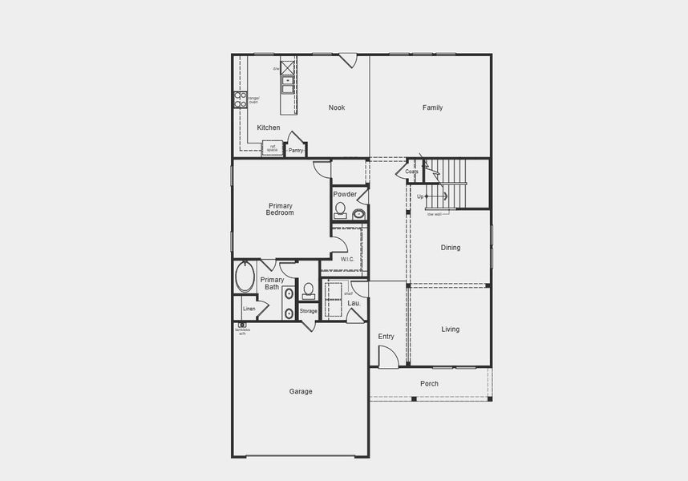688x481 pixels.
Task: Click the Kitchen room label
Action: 269,127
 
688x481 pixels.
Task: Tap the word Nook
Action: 337,107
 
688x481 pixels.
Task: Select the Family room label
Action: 433,107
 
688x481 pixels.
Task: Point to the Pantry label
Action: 296,150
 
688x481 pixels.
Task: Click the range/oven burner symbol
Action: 239,99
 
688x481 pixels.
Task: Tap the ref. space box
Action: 272,148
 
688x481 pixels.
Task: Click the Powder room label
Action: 345,194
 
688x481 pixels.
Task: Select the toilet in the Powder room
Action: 340,210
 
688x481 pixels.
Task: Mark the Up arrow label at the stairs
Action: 420,196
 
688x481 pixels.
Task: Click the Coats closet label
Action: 411,172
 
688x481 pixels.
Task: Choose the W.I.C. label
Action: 347,259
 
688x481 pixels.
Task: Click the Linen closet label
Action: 249,309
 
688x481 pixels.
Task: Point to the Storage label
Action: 308,311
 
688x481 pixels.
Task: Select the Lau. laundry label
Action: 354,303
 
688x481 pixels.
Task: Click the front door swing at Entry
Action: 387,358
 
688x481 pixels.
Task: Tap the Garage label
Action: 301,391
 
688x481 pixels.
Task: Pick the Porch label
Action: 430,383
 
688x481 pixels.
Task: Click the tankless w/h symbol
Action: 241,325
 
